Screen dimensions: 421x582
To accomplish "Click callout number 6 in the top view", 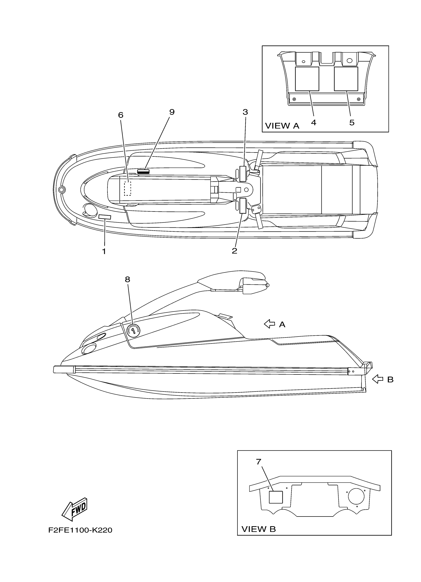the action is [x=120, y=115].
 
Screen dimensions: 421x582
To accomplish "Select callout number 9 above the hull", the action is [x=172, y=112].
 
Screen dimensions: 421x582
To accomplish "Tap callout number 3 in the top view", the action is [x=245, y=112].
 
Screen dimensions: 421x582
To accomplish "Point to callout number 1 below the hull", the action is [x=104, y=251].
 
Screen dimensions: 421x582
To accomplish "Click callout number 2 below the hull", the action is [x=234, y=251].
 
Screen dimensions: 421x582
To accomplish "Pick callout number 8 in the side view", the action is [x=127, y=279].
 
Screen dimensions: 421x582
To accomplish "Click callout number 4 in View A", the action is [x=313, y=123].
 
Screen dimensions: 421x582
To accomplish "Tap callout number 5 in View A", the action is [x=352, y=123].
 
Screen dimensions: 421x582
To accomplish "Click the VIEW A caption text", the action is [x=282, y=126].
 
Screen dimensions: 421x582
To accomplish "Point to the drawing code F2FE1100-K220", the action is [x=80, y=530].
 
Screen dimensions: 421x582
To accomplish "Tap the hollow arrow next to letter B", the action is [x=377, y=379].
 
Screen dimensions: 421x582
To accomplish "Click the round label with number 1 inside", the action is [x=133, y=330].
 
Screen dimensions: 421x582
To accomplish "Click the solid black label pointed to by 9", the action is [x=143, y=172].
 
